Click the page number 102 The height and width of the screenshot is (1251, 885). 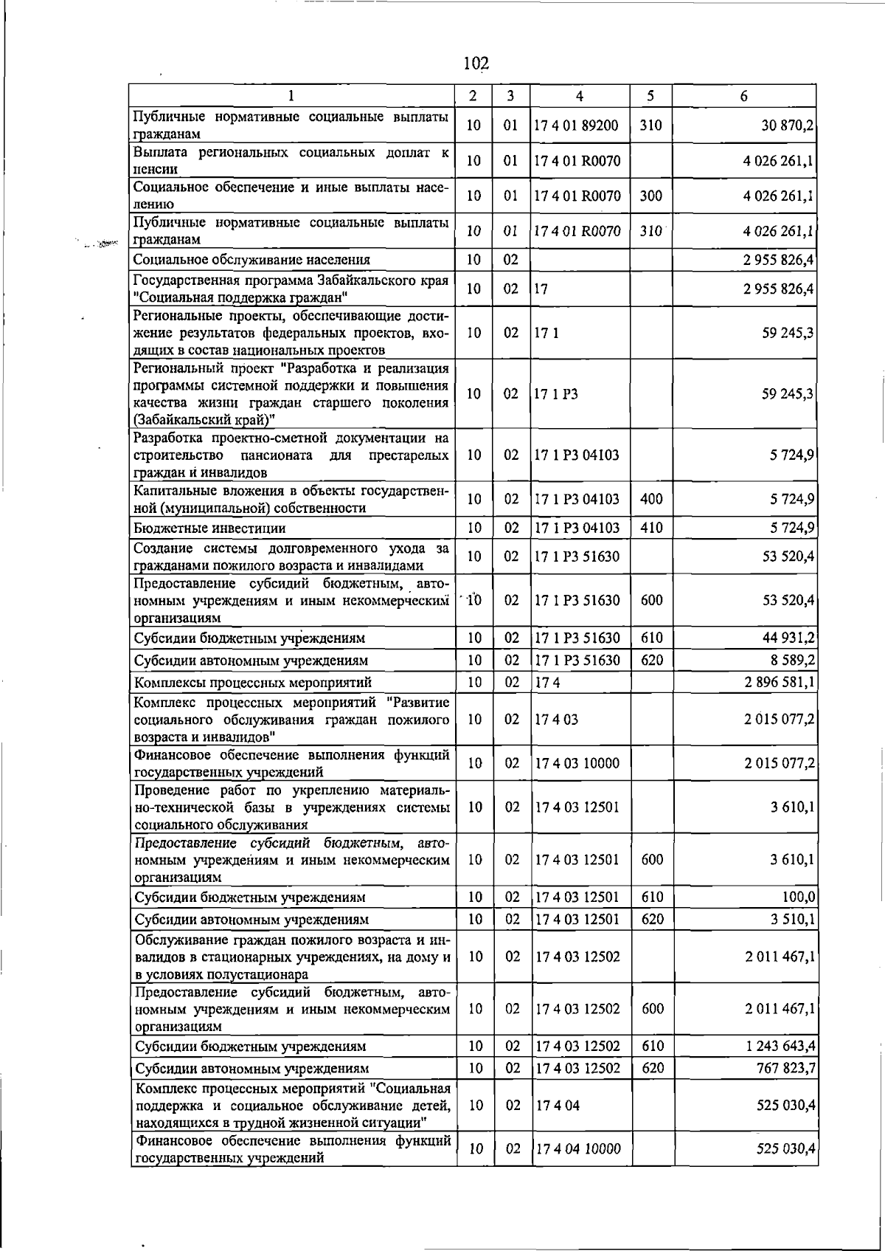(x=476, y=63)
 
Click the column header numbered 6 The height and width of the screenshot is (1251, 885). (x=744, y=96)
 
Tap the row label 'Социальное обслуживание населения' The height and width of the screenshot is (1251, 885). (x=252, y=260)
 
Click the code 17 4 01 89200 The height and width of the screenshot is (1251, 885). (x=577, y=126)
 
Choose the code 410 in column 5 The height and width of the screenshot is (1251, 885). (x=651, y=528)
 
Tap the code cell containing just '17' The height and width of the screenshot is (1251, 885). (x=541, y=289)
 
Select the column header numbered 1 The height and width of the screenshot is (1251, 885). (x=292, y=96)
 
